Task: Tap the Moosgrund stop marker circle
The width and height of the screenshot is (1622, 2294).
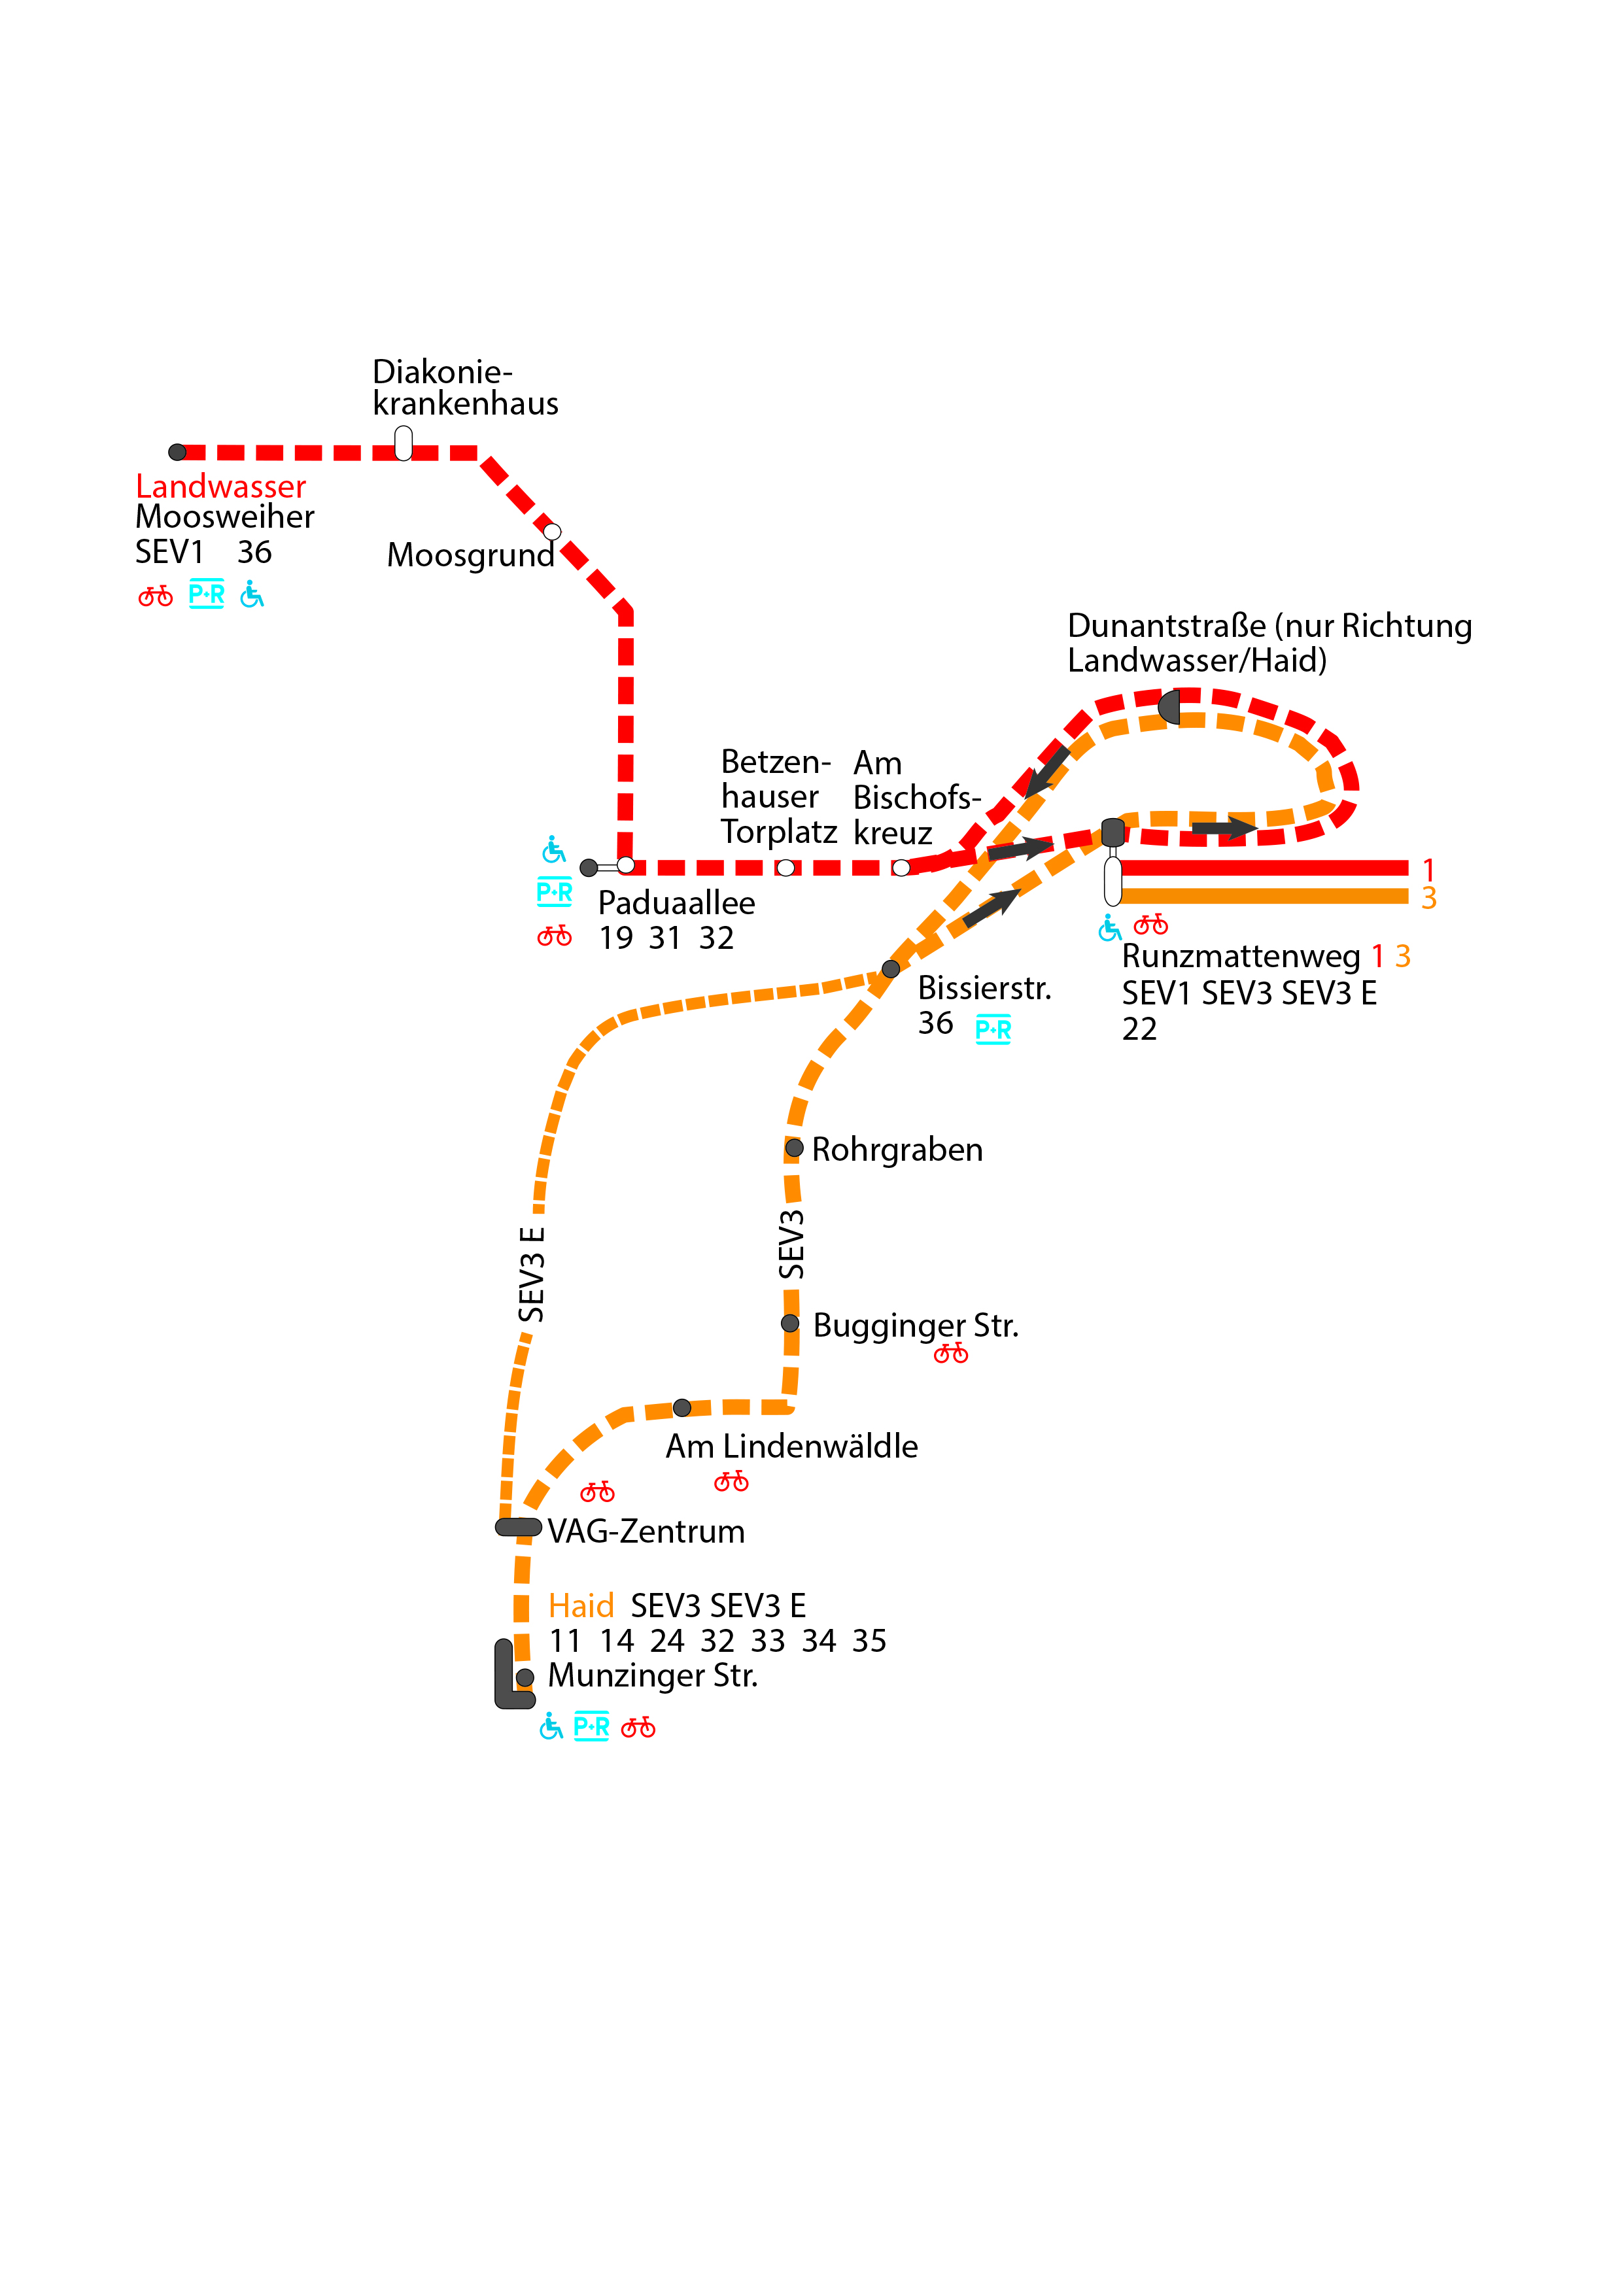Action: coord(551,532)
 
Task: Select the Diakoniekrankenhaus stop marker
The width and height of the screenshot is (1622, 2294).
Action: coord(403,443)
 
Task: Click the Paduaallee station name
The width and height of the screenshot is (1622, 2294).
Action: coord(676,903)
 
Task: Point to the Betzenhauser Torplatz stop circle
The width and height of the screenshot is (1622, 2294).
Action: coord(785,867)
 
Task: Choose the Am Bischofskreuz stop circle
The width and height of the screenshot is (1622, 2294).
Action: coord(901,867)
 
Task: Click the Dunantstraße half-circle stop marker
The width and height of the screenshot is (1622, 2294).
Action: coord(1170,708)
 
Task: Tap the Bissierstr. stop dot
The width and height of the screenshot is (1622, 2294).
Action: coord(890,968)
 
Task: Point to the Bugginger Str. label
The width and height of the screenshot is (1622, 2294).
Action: coord(916,1326)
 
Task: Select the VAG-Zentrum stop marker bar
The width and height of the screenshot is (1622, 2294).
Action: coord(519,1527)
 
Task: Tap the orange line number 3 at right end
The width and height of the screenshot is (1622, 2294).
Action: coord(1429,899)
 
